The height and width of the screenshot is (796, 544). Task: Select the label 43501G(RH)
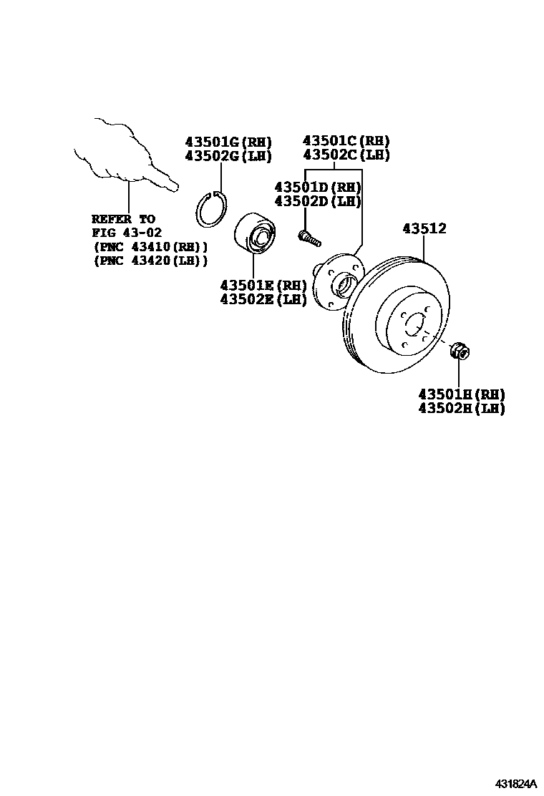pyautogui.click(x=228, y=142)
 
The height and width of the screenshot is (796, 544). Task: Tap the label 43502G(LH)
pyautogui.click(x=228, y=156)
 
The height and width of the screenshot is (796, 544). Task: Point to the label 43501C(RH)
pyautogui.click(x=346, y=141)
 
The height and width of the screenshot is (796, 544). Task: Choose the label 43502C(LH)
pyautogui.click(x=346, y=155)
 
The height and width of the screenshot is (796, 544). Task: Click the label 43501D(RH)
pyautogui.click(x=318, y=188)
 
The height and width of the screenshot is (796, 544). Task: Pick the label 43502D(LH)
pyautogui.click(x=318, y=201)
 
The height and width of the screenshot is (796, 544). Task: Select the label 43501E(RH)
pyautogui.click(x=263, y=286)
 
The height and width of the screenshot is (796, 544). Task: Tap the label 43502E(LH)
pyautogui.click(x=263, y=299)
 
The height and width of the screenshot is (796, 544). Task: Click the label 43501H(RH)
pyautogui.click(x=462, y=394)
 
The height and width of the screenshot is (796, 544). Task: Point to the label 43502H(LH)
pyautogui.click(x=462, y=409)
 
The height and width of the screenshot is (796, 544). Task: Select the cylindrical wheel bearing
pyautogui.click(x=254, y=233)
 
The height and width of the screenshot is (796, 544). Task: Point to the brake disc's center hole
pyautogui.click(x=414, y=326)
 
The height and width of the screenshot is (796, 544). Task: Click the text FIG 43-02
pyautogui.click(x=127, y=233)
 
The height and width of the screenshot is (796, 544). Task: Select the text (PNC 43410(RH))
pyautogui.click(x=150, y=247)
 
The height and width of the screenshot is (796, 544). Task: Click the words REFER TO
pyautogui.click(x=123, y=219)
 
